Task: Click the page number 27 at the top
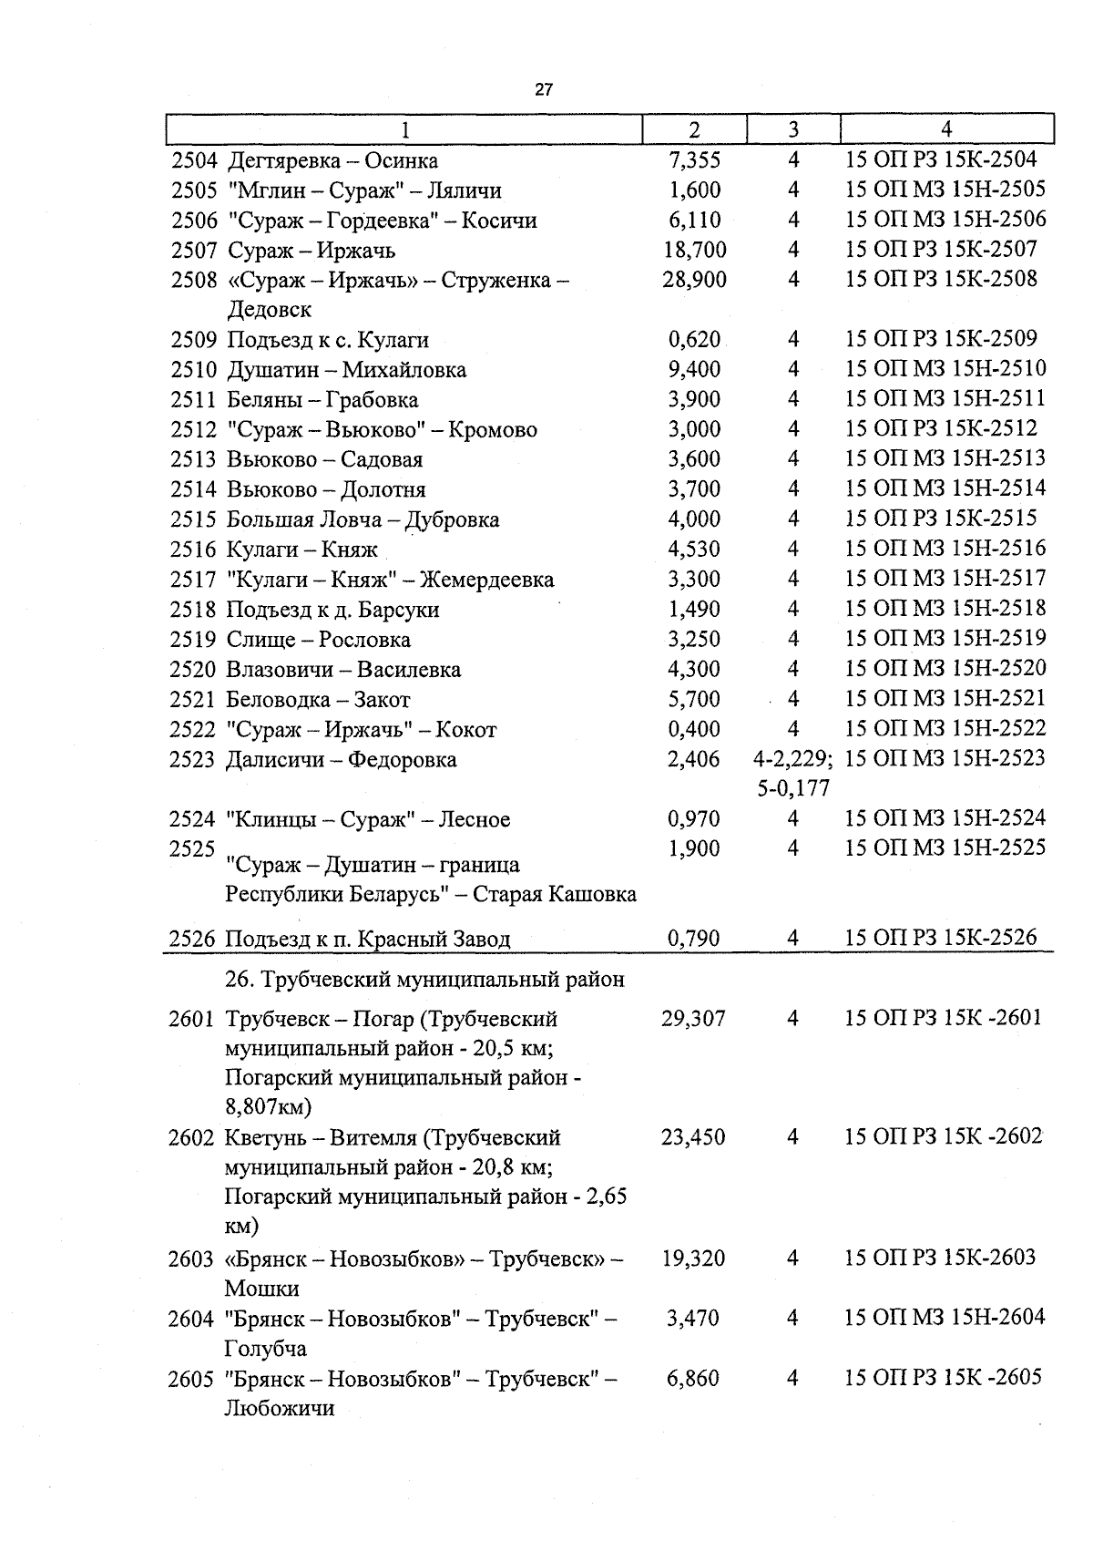coord(543,90)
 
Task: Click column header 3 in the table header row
coord(793,129)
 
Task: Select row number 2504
coord(194,161)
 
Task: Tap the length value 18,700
coord(694,250)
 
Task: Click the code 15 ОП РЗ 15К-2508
coord(941,279)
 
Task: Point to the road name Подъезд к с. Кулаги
coord(327,340)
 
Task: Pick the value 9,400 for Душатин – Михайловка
coord(694,369)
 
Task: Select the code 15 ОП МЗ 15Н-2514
coord(945,488)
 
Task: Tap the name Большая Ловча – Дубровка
coord(363,519)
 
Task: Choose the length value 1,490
coord(694,609)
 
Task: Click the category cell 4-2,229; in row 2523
coord(792,759)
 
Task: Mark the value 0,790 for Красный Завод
coord(694,938)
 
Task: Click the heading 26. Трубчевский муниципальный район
coord(424,980)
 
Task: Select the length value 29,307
coord(693,1019)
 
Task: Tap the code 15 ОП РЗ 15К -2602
coord(943,1136)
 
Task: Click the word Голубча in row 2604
coord(265,1348)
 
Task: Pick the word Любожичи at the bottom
coord(279,1408)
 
